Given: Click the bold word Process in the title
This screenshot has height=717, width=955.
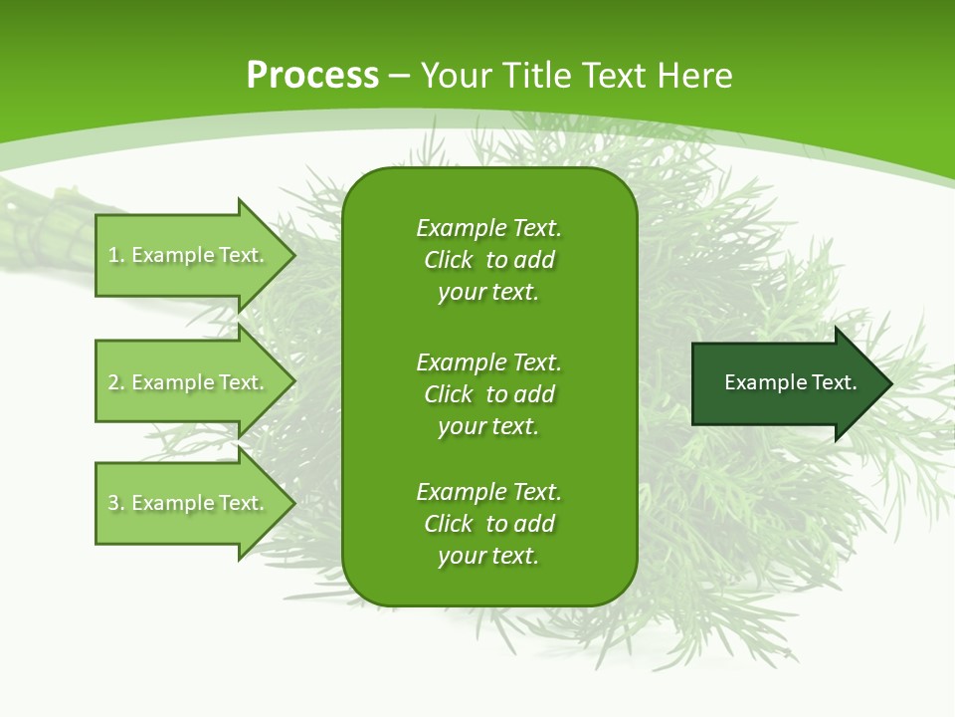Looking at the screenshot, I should point(312,76).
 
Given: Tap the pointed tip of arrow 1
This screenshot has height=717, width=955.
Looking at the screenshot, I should point(292,255).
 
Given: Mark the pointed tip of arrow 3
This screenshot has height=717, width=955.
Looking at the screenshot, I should point(292,503).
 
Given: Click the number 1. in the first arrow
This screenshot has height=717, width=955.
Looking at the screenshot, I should point(115,255).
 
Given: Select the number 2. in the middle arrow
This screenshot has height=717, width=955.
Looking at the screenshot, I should point(115,382).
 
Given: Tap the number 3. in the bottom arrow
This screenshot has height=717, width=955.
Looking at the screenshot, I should point(115,503).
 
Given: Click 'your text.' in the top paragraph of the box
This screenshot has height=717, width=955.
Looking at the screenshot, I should point(488,293).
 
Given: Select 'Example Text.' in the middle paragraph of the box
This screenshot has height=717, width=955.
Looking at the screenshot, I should point(488,361).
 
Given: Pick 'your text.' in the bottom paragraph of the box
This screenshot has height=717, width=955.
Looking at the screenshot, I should point(488,556).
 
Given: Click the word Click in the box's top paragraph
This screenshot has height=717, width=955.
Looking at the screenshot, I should point(448,261).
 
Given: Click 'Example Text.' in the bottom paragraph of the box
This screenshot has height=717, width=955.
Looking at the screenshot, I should point(488,492).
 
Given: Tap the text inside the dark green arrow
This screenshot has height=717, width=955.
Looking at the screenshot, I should point(790,382).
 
